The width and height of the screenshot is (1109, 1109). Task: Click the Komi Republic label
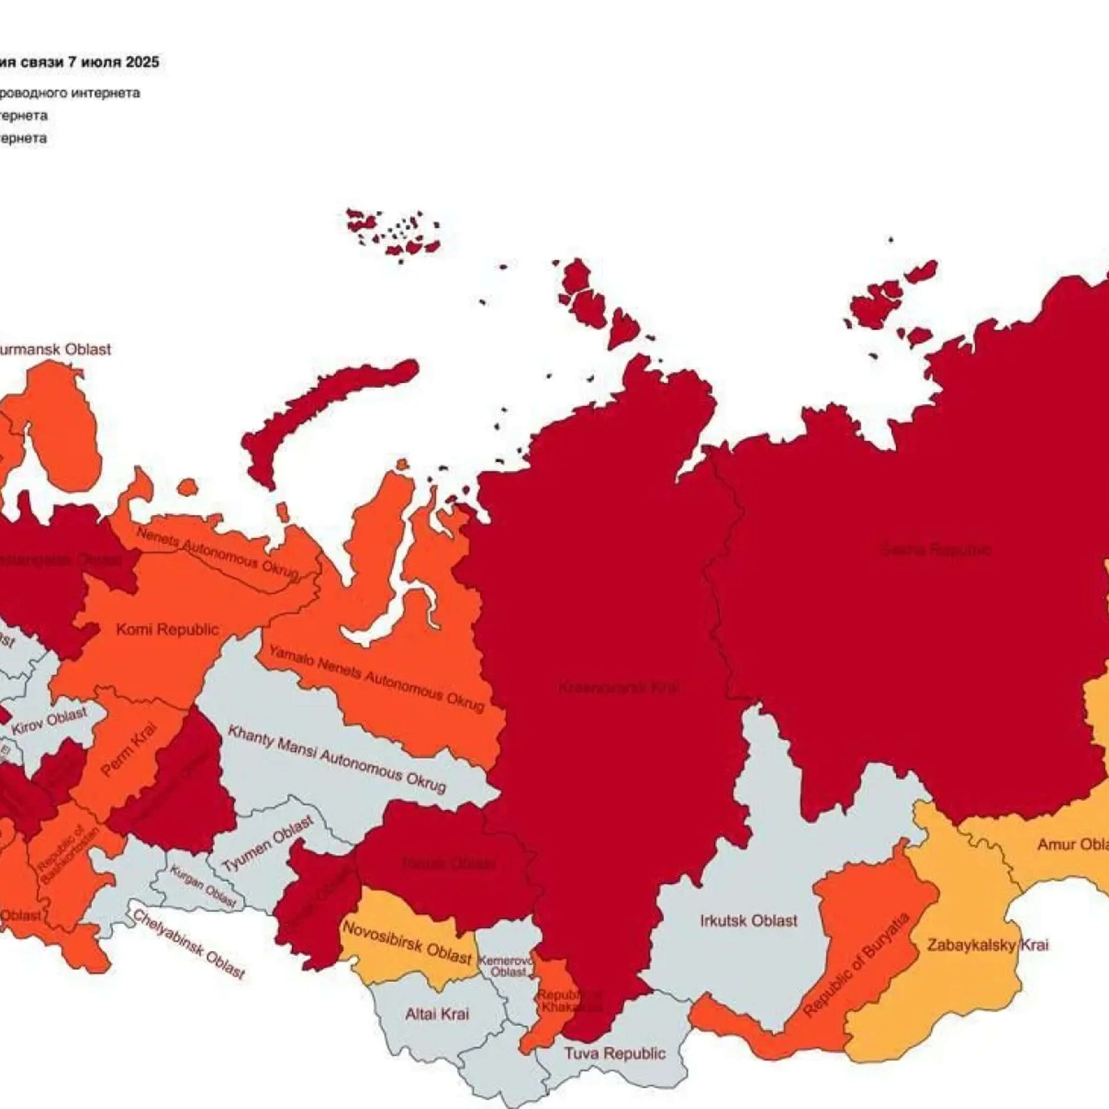click(167, 630)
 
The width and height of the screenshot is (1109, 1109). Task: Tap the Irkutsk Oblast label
click(749, 921)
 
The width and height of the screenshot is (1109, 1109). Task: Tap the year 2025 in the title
click(142, 62)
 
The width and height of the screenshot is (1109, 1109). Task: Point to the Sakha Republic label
click(936, 550)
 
